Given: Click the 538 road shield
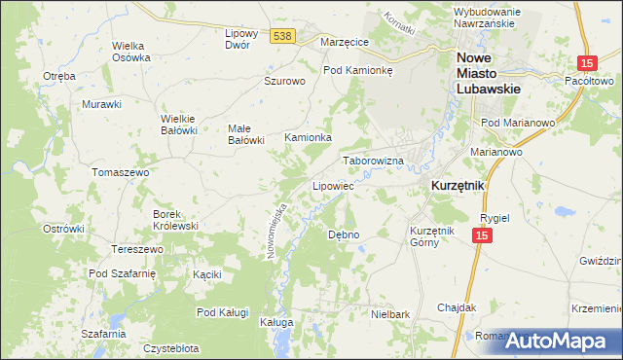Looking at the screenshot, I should [x=282, y=36].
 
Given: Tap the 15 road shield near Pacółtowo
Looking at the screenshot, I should [x=586, y=63].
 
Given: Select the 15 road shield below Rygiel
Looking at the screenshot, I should [x=481, y=236].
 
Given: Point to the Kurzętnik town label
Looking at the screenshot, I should [x=458, y=184].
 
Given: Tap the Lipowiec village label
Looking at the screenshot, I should [x=331, y=185].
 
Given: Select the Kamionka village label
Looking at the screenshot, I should [x=308, y=138].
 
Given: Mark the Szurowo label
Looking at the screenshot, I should [x=285, y=82].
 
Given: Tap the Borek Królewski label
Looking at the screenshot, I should [x=175, y=220].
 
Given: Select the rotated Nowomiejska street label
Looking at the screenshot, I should [x=276, y=230].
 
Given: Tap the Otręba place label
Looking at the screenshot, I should [x=59, y=76].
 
